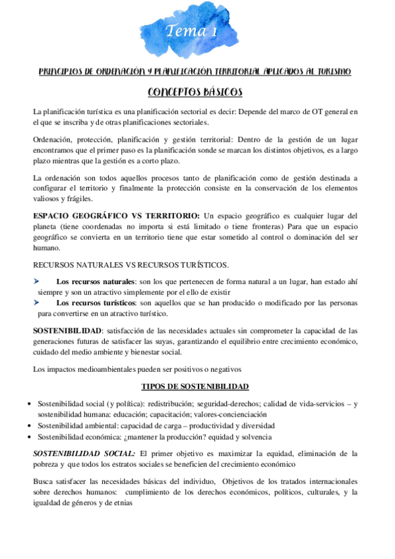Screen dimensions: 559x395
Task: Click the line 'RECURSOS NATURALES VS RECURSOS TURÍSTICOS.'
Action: coord(131,265)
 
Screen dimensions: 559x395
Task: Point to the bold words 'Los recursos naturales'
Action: coord(96,282)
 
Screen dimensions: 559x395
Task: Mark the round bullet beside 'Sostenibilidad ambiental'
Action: coord(24,427)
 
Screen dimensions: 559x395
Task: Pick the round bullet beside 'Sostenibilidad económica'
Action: coord(24,437)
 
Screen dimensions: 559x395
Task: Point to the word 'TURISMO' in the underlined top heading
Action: coord(334,71)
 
